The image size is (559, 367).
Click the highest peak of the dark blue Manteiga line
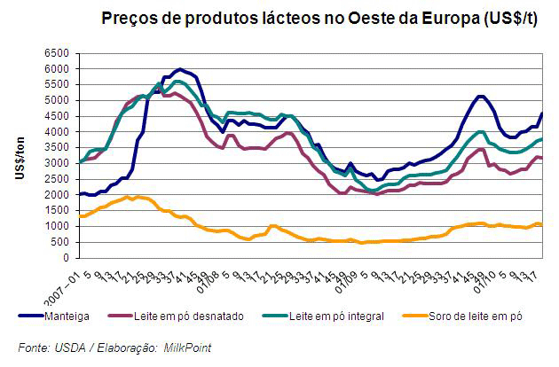click(180, 69)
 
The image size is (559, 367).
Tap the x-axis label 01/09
click(349, 275)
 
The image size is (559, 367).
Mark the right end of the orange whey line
click(542, 225)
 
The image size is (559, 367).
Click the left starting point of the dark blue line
click(80, 194)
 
